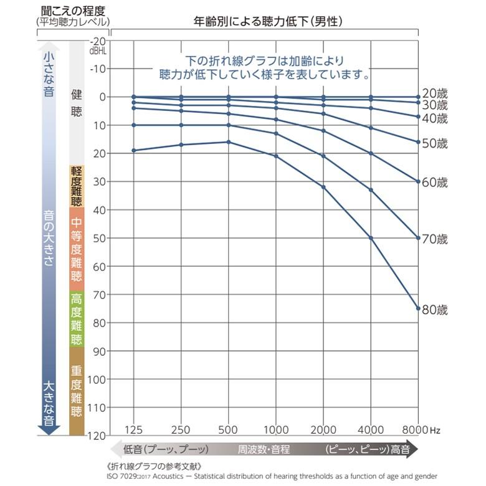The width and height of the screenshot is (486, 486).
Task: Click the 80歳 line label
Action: (x=435, y=310)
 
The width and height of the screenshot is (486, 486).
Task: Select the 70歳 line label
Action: (x=435, y=239)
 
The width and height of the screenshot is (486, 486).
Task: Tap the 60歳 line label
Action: (x=435, y=183)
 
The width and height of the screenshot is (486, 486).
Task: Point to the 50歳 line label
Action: (x=435, y=143)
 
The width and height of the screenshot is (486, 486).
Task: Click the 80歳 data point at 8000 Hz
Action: (x=418, y=308)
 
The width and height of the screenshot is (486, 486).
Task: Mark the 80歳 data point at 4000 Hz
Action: (x=371, y=238)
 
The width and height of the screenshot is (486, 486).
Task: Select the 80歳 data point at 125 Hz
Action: (x=134, y=150)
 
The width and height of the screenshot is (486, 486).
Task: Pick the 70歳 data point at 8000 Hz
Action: (x=418, y=238)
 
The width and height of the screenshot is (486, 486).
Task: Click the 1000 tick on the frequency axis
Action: (x=275, y=429)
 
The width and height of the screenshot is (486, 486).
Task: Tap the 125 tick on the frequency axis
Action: (x=134, y=429)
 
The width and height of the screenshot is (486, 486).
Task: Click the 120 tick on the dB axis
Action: (x=99, y=435)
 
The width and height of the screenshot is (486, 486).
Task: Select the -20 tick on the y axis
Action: (x=99, y=41)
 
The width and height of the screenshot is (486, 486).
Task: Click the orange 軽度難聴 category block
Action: (x=77, y=186)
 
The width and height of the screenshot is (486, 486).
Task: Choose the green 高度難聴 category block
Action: (x=77, y=319)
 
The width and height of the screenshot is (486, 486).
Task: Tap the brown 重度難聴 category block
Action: (x=77, y=391)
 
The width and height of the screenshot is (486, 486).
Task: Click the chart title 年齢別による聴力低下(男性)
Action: (x=267, y=22)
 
